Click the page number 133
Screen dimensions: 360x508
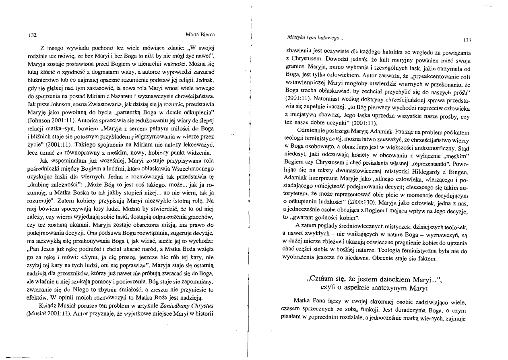(467, 40)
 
